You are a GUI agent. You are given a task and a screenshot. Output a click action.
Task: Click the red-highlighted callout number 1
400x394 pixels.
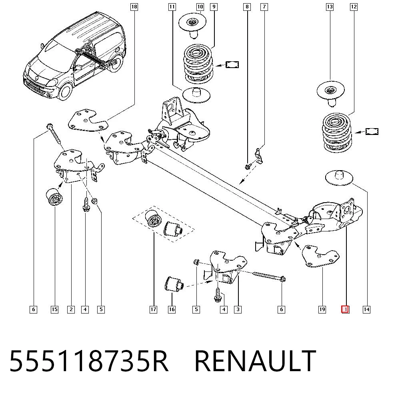point(345,310)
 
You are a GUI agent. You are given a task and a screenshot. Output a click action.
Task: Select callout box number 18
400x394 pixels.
point(134,7)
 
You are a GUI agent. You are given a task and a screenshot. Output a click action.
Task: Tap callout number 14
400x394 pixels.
point(366,310)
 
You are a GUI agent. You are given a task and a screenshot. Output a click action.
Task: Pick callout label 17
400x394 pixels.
point(153,310)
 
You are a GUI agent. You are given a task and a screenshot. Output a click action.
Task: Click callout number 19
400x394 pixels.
point(322,310)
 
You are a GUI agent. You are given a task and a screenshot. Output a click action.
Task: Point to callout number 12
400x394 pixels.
point(354,7)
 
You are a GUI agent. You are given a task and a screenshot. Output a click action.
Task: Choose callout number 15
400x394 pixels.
point(54,310)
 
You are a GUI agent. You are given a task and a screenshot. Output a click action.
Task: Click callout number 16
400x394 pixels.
point(172,310)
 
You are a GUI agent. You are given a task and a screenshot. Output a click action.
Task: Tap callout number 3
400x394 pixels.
point(238,310)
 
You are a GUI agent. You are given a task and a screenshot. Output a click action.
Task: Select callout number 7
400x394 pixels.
point(264,7)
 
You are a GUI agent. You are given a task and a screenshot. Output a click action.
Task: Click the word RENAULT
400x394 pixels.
point(255,360)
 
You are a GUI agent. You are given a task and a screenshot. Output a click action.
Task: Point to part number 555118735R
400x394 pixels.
point(88,360)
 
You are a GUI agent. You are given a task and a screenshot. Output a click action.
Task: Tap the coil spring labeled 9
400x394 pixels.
point(198,64)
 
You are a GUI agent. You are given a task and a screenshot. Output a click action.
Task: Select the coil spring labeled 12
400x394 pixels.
point(337,132)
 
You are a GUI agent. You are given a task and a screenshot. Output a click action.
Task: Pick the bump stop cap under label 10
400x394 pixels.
point(192,26)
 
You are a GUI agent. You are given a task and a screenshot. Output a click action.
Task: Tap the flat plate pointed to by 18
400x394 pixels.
point(88,121)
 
